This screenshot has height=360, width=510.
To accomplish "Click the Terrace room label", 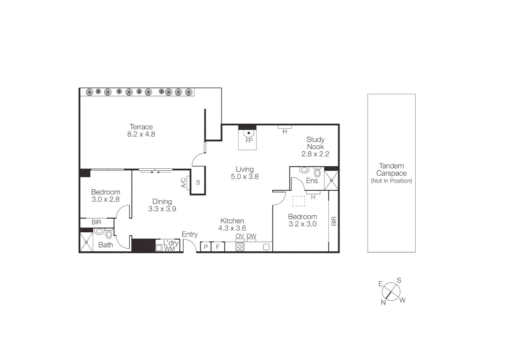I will tap(141, 127).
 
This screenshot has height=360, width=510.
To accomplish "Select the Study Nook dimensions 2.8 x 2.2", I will tap(315, 154).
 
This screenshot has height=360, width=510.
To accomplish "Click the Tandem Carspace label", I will tap(391, 170).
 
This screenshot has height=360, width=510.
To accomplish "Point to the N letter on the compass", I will tap(383, 303).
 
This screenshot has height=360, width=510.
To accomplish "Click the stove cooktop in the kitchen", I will tap(240, 247).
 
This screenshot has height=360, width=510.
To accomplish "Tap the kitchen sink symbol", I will tap(266, 247).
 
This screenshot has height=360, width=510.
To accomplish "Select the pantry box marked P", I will tap(206, 247).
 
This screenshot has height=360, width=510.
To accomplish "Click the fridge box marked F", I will tap(218, 247).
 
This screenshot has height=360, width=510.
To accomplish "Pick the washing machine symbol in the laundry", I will tap(159, 248).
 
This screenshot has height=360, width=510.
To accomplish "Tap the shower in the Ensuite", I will tap(331, 180).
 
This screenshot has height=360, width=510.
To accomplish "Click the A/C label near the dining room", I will tap(183, 183).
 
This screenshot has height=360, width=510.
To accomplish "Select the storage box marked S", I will tap(198, 182).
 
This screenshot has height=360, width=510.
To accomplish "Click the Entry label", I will tap(190, 234).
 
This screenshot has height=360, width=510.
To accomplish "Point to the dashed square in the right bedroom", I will tap(299, 201).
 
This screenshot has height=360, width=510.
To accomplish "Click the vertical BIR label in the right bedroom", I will tap(334, 221).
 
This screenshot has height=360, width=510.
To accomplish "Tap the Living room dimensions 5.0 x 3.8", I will tap(244, 177).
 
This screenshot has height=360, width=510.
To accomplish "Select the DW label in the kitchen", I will tap(251, 236).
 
